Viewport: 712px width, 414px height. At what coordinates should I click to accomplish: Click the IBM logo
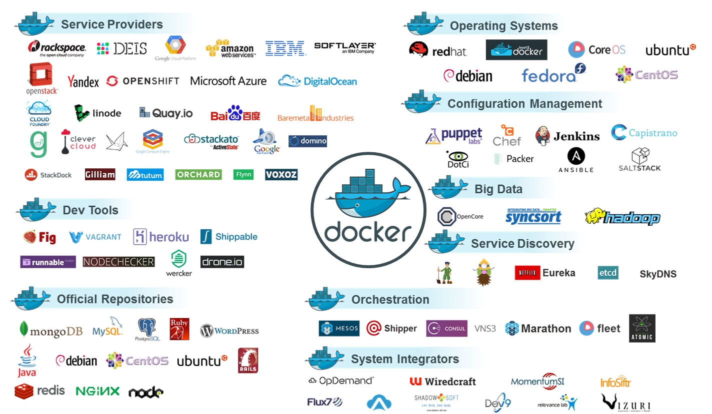coord(285,48)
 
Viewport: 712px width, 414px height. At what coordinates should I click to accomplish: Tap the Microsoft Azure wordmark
coord(228,81)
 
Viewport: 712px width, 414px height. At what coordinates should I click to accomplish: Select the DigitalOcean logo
coord(317,81)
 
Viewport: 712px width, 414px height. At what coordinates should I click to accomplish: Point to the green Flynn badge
coord(243,174)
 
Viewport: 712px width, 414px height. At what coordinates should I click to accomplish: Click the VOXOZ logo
coord(281,174)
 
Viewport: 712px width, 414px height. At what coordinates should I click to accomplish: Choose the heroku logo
coord(161,237)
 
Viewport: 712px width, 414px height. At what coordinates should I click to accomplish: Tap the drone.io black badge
coord(222,262)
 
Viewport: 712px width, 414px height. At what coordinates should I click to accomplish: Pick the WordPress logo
coord(229,331)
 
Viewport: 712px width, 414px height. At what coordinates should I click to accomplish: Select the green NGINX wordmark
coord(97,391)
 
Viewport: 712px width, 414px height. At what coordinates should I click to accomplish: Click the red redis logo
coord(40,391)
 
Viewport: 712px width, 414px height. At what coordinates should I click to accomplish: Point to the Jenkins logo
coord(567,136)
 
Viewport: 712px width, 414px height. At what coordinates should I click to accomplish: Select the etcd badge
coord(607,273)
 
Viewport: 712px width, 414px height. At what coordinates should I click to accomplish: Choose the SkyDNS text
coord(658,274)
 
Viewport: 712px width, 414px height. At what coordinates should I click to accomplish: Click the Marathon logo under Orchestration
coord(538,329)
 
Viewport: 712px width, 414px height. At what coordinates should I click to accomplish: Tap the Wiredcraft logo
coord(442,382)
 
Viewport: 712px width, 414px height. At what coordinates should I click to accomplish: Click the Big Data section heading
coord(498,189)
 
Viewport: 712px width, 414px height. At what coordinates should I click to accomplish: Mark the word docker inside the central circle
coord(368,232)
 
